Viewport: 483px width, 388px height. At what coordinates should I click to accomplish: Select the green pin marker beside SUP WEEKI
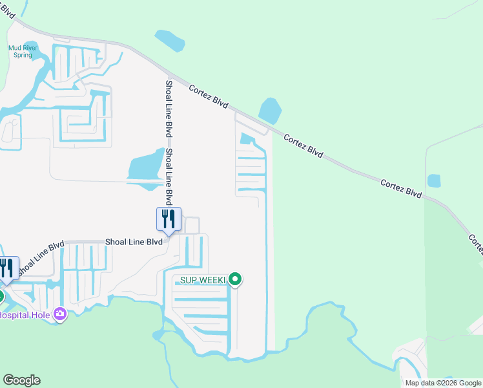pos(236,279)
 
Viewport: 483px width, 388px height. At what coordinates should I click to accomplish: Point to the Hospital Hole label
pos(24,316)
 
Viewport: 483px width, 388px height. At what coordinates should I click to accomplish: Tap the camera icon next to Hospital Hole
pos(60,314)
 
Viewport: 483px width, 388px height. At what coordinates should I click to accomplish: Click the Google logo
pos(21,380)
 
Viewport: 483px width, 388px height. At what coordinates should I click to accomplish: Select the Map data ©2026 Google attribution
pos(442,383)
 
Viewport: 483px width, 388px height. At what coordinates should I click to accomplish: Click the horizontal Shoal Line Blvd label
pos(134,242)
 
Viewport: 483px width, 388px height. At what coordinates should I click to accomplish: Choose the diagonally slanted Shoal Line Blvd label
pos(40,258)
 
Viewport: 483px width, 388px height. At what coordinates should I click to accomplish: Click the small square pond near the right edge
pos(433,180)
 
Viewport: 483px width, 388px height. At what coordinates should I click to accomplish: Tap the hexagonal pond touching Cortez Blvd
pos(270,110)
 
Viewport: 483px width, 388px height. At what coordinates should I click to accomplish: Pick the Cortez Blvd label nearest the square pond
pos(400,189)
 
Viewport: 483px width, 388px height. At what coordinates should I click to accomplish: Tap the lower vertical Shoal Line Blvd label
pos(169,175)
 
